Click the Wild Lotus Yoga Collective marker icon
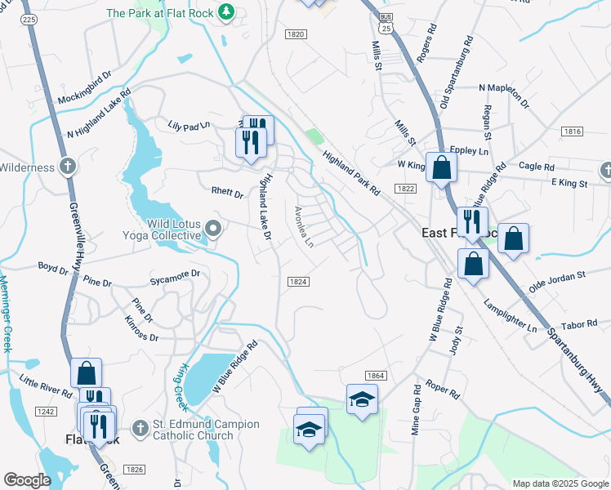(x=214, y=228)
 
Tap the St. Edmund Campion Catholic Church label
(x=207, y=430)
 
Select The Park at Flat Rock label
(x=159, y=13)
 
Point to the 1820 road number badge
(x=296, y=34)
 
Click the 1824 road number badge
(x=298, y=282)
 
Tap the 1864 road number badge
(x=376, y=375)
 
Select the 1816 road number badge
(x=572, y=131)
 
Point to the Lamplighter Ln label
(x=510, y=318)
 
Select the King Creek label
(x=181, y=386)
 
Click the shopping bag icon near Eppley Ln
(x=440, y=167)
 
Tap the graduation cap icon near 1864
(x=362, y=399)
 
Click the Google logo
(x=28, y=480)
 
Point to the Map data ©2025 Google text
(x=560, y=483)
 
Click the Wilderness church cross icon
(x=69, y=167)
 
